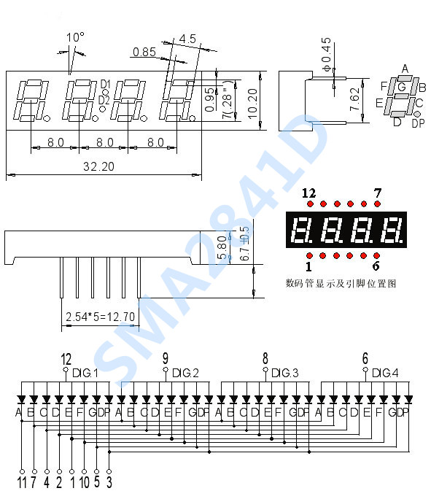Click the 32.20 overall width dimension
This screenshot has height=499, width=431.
coord(98,166)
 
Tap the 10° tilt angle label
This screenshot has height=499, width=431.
coord(75,37)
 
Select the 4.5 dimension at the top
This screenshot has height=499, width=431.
coord(187,39)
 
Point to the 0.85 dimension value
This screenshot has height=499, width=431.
coord(144,52)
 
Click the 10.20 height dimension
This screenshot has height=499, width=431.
coord(252,104)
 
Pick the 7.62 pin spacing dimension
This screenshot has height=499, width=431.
coord(354,100)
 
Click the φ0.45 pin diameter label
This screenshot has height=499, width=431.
coord(327,55)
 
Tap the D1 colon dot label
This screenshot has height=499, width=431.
coord(105,85)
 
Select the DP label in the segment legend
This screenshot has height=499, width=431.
coord(418,123)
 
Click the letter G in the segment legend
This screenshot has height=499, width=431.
coord(402,87)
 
